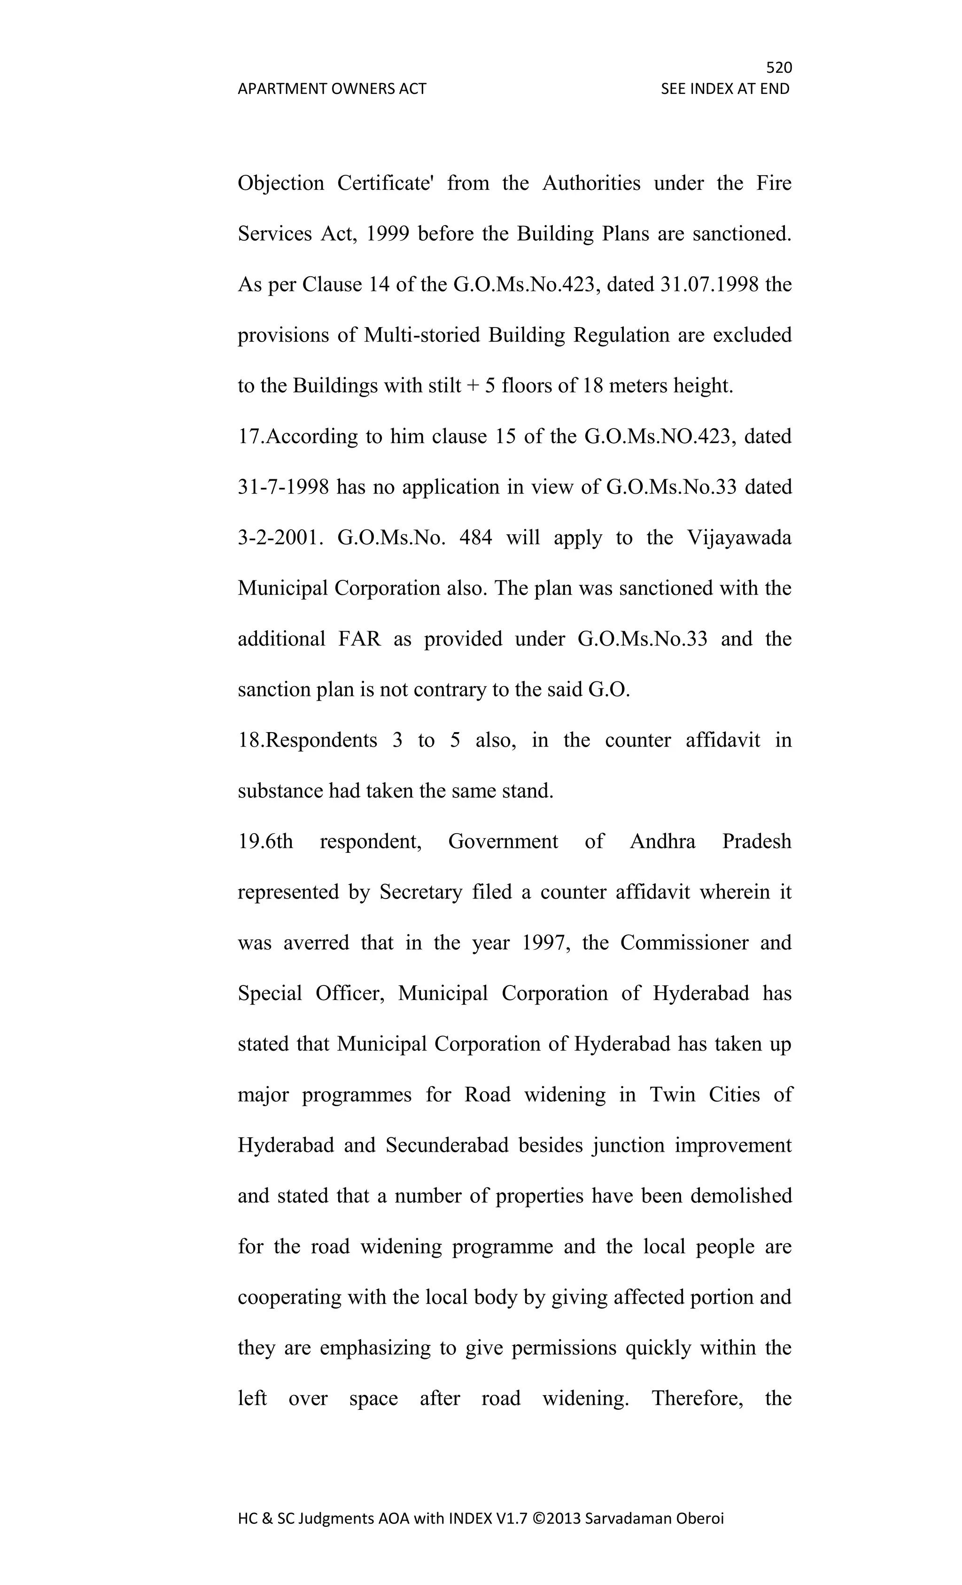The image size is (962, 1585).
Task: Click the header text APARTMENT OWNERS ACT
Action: coord(332,89)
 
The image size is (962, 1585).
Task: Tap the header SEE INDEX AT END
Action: coord(725,89)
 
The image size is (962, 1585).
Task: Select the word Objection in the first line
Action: coord(281,183)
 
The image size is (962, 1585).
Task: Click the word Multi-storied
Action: coord(422,335)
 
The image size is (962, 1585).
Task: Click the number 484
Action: coord(475,538)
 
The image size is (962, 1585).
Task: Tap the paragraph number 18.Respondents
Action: coord(307,741)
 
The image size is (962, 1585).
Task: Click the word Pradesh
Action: coord(756,842)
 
